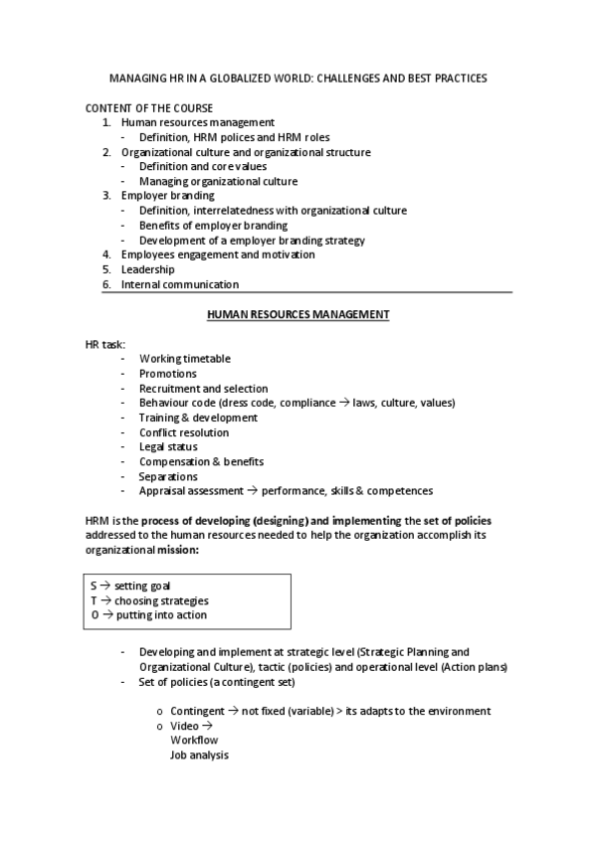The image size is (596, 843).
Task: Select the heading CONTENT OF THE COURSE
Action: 149,107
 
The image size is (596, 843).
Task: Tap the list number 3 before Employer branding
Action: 106,196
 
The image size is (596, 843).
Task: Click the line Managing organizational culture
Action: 218,181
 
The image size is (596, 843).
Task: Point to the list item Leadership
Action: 148,269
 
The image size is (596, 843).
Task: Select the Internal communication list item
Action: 180,284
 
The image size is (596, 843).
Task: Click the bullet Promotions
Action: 168,374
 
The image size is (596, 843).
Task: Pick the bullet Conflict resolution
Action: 184,432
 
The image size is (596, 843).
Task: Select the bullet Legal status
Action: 169,447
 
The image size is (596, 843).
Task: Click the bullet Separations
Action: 169,476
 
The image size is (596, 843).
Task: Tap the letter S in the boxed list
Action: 94,587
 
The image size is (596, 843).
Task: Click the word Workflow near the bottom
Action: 194,741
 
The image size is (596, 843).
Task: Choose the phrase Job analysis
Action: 199,756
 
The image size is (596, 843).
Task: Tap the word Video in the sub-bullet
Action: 184,726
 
